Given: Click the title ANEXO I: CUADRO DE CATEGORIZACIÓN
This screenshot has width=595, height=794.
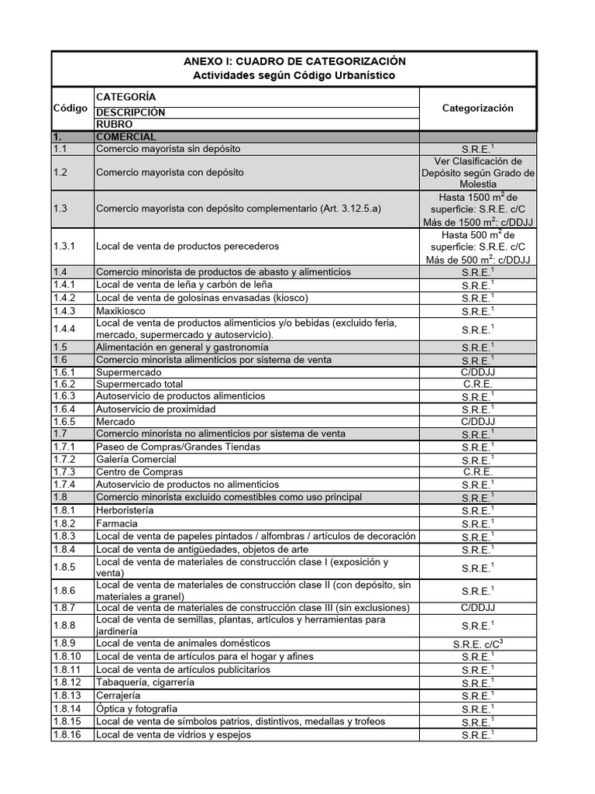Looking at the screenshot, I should [x=294, y=61].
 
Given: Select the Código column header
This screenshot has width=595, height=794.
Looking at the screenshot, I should [x=71, y=109].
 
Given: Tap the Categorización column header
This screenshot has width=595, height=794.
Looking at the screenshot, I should [x=477, y=109].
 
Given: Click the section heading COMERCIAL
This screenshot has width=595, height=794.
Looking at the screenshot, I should [x=126, y=136].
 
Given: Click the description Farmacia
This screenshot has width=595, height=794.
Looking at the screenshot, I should [x=116, y=523].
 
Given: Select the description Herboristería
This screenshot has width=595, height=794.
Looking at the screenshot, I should [x=124, y=511].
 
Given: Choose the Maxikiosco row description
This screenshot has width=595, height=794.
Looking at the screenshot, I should [x=120, y=310].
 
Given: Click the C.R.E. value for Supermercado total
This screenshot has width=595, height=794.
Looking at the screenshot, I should [x=477, y=384].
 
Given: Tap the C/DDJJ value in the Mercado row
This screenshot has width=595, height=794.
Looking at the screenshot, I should [x=477, y=422].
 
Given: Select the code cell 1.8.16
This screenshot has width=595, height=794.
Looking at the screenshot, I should [x=67, y=734].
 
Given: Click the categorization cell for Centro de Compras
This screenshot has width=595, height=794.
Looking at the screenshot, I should [x=477, y=472].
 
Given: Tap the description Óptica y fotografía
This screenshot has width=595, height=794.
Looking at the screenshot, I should [x=136, y=709].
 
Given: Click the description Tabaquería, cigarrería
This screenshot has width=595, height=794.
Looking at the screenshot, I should [x=145, y=682].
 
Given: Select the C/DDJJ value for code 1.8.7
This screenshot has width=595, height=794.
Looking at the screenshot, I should [x=477, y=608].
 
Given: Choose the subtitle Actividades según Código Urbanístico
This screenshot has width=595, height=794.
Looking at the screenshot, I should [x=294, y=75].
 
